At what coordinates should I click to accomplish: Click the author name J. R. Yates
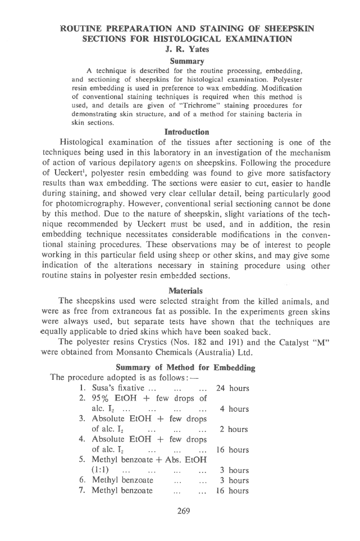179,49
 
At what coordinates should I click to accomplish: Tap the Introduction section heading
179,132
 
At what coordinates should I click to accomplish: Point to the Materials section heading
179,290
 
